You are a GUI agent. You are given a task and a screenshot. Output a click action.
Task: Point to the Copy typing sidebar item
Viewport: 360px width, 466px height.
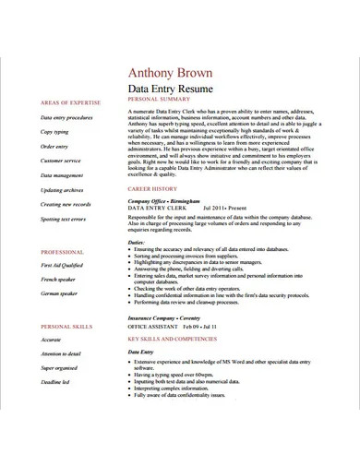54,132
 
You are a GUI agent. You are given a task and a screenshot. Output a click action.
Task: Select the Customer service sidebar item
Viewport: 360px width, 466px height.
61,161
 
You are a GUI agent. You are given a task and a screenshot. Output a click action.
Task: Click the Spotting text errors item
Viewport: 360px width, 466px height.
63,219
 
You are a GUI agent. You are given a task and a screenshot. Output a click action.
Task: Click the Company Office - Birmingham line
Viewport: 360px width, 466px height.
162,199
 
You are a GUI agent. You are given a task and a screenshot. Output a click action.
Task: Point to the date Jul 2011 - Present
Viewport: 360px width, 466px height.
224,209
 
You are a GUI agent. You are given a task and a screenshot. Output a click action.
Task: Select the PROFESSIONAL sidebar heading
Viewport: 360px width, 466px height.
62,252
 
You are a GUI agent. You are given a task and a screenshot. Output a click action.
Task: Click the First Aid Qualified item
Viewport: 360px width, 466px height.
62,265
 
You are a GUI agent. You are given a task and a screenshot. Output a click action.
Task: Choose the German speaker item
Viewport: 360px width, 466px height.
59,293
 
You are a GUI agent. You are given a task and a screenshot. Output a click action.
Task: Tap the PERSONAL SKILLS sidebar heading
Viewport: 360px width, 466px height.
66,327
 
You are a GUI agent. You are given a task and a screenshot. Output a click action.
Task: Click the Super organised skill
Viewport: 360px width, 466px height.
60,367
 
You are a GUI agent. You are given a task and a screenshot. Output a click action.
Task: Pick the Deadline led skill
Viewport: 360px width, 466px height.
55,383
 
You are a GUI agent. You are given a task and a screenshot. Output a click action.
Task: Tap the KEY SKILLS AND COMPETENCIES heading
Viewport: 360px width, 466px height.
178,339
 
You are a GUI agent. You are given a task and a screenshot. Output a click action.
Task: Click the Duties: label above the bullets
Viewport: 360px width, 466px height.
136,242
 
